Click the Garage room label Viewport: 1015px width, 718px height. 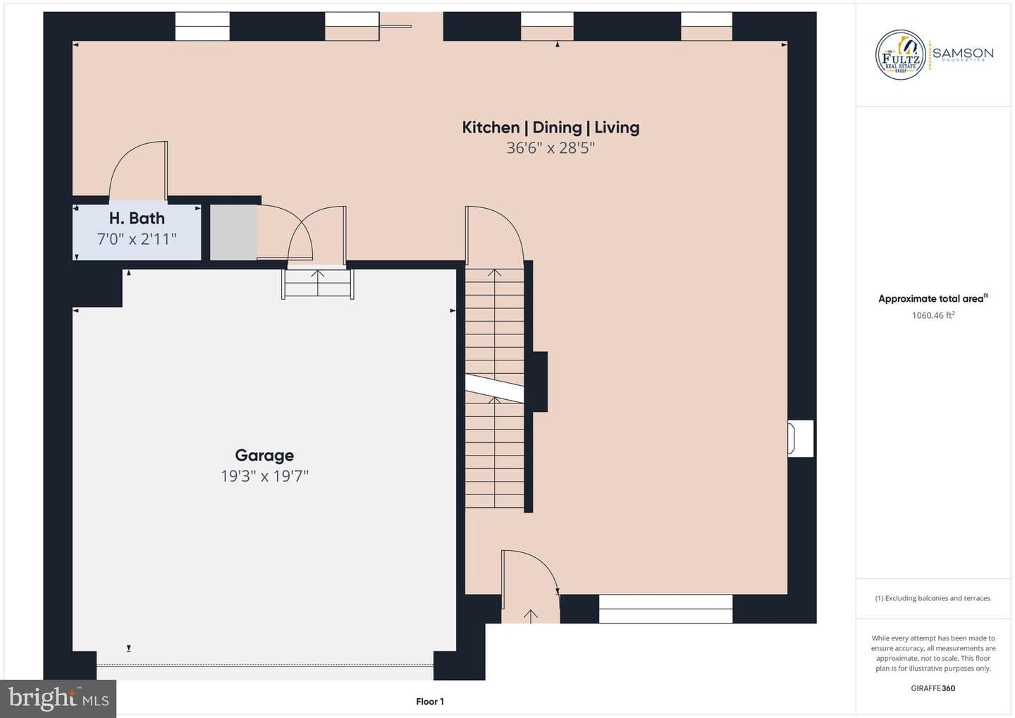tap(264, 455)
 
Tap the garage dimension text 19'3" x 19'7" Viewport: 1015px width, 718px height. tap(264, 476)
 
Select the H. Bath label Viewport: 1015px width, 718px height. tap(137, 218)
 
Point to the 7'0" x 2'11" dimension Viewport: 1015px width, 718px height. tap(137, 239)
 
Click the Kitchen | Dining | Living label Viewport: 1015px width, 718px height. tap(550, 128)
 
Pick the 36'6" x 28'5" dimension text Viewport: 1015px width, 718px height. tap(550, 148)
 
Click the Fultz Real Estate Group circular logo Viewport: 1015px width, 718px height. tap(900, 55)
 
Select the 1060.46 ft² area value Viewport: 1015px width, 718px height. tap(933, 315)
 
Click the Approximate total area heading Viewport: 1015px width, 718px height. tap(933, 298)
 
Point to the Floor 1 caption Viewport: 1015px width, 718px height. tap(430, 702)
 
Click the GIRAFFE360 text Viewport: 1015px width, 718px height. tap(933, 688)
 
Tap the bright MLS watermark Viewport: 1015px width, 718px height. tap(59, 698)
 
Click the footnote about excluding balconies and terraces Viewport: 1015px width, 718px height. tap(933, 598)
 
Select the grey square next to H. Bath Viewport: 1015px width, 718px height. tap(233, 233)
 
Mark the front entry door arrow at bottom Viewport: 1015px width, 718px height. tap(531, 616)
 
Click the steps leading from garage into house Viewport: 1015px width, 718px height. tap(318, 284)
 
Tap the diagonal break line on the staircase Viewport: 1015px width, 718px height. tap(494, 389)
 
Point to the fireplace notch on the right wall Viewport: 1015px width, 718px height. tap(800, 438)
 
